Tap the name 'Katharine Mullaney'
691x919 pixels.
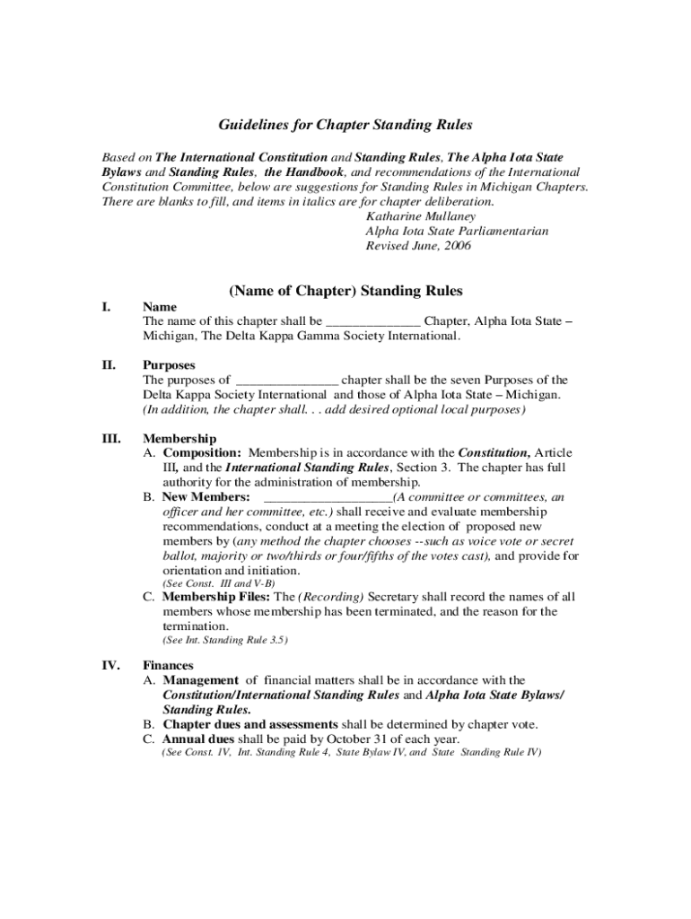pyautogui.click(x=422, y=216)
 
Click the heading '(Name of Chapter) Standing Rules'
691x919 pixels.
pyautogui.click(x=345, y=291)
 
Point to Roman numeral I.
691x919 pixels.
pyautogui.click(x=106, y=307)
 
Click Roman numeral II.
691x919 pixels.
pyautogui.click(x=109, y=365)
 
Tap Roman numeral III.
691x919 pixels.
pyautogui.click(x=111, y=439)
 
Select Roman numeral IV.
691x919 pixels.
pyautogui.click(x=110, y=665)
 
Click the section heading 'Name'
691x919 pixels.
pyautogui.click(x=160, y=307)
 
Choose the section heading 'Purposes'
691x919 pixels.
pyautogui.click(x=171, y=365)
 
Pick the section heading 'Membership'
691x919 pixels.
pyautogui.click(x=179, y=439)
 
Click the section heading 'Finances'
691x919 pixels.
pyautogui.click(x=169, y=665)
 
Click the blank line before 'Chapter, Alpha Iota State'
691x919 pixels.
pyautogui.click(x=372, y=322)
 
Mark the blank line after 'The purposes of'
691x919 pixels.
pyautogui.click(x=286, y=381)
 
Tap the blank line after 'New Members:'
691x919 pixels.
pyautogui.click(x=328, y=498)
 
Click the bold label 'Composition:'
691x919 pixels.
pyautogui.click(x=201, y=453)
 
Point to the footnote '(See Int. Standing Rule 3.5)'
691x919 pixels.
pyautogui.click(x=224, y=640)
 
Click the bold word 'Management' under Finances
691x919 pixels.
pyautogui.click(x=200, y=680)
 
